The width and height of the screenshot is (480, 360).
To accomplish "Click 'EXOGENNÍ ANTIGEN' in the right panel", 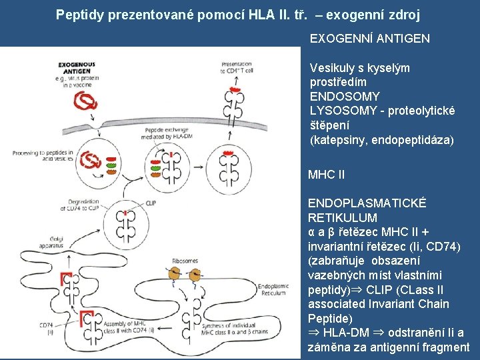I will point(370,39).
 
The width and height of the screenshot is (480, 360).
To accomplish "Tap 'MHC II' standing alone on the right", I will point(326,175).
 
